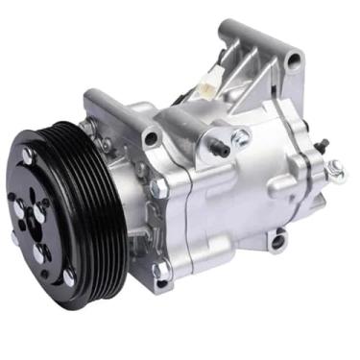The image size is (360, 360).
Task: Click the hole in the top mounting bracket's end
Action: (x=293, y=60)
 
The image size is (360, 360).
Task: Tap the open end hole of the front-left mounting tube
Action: (x=149, y=138)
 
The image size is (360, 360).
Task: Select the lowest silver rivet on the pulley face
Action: (x=69, y=276)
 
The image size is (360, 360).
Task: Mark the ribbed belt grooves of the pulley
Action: (x=96, y=192)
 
